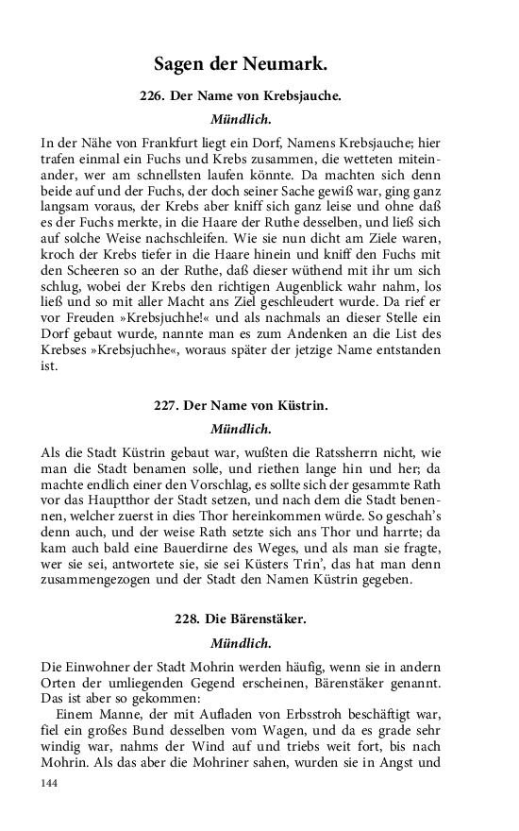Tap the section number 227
[x=166, y=406]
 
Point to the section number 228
[x=188, y=620]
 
